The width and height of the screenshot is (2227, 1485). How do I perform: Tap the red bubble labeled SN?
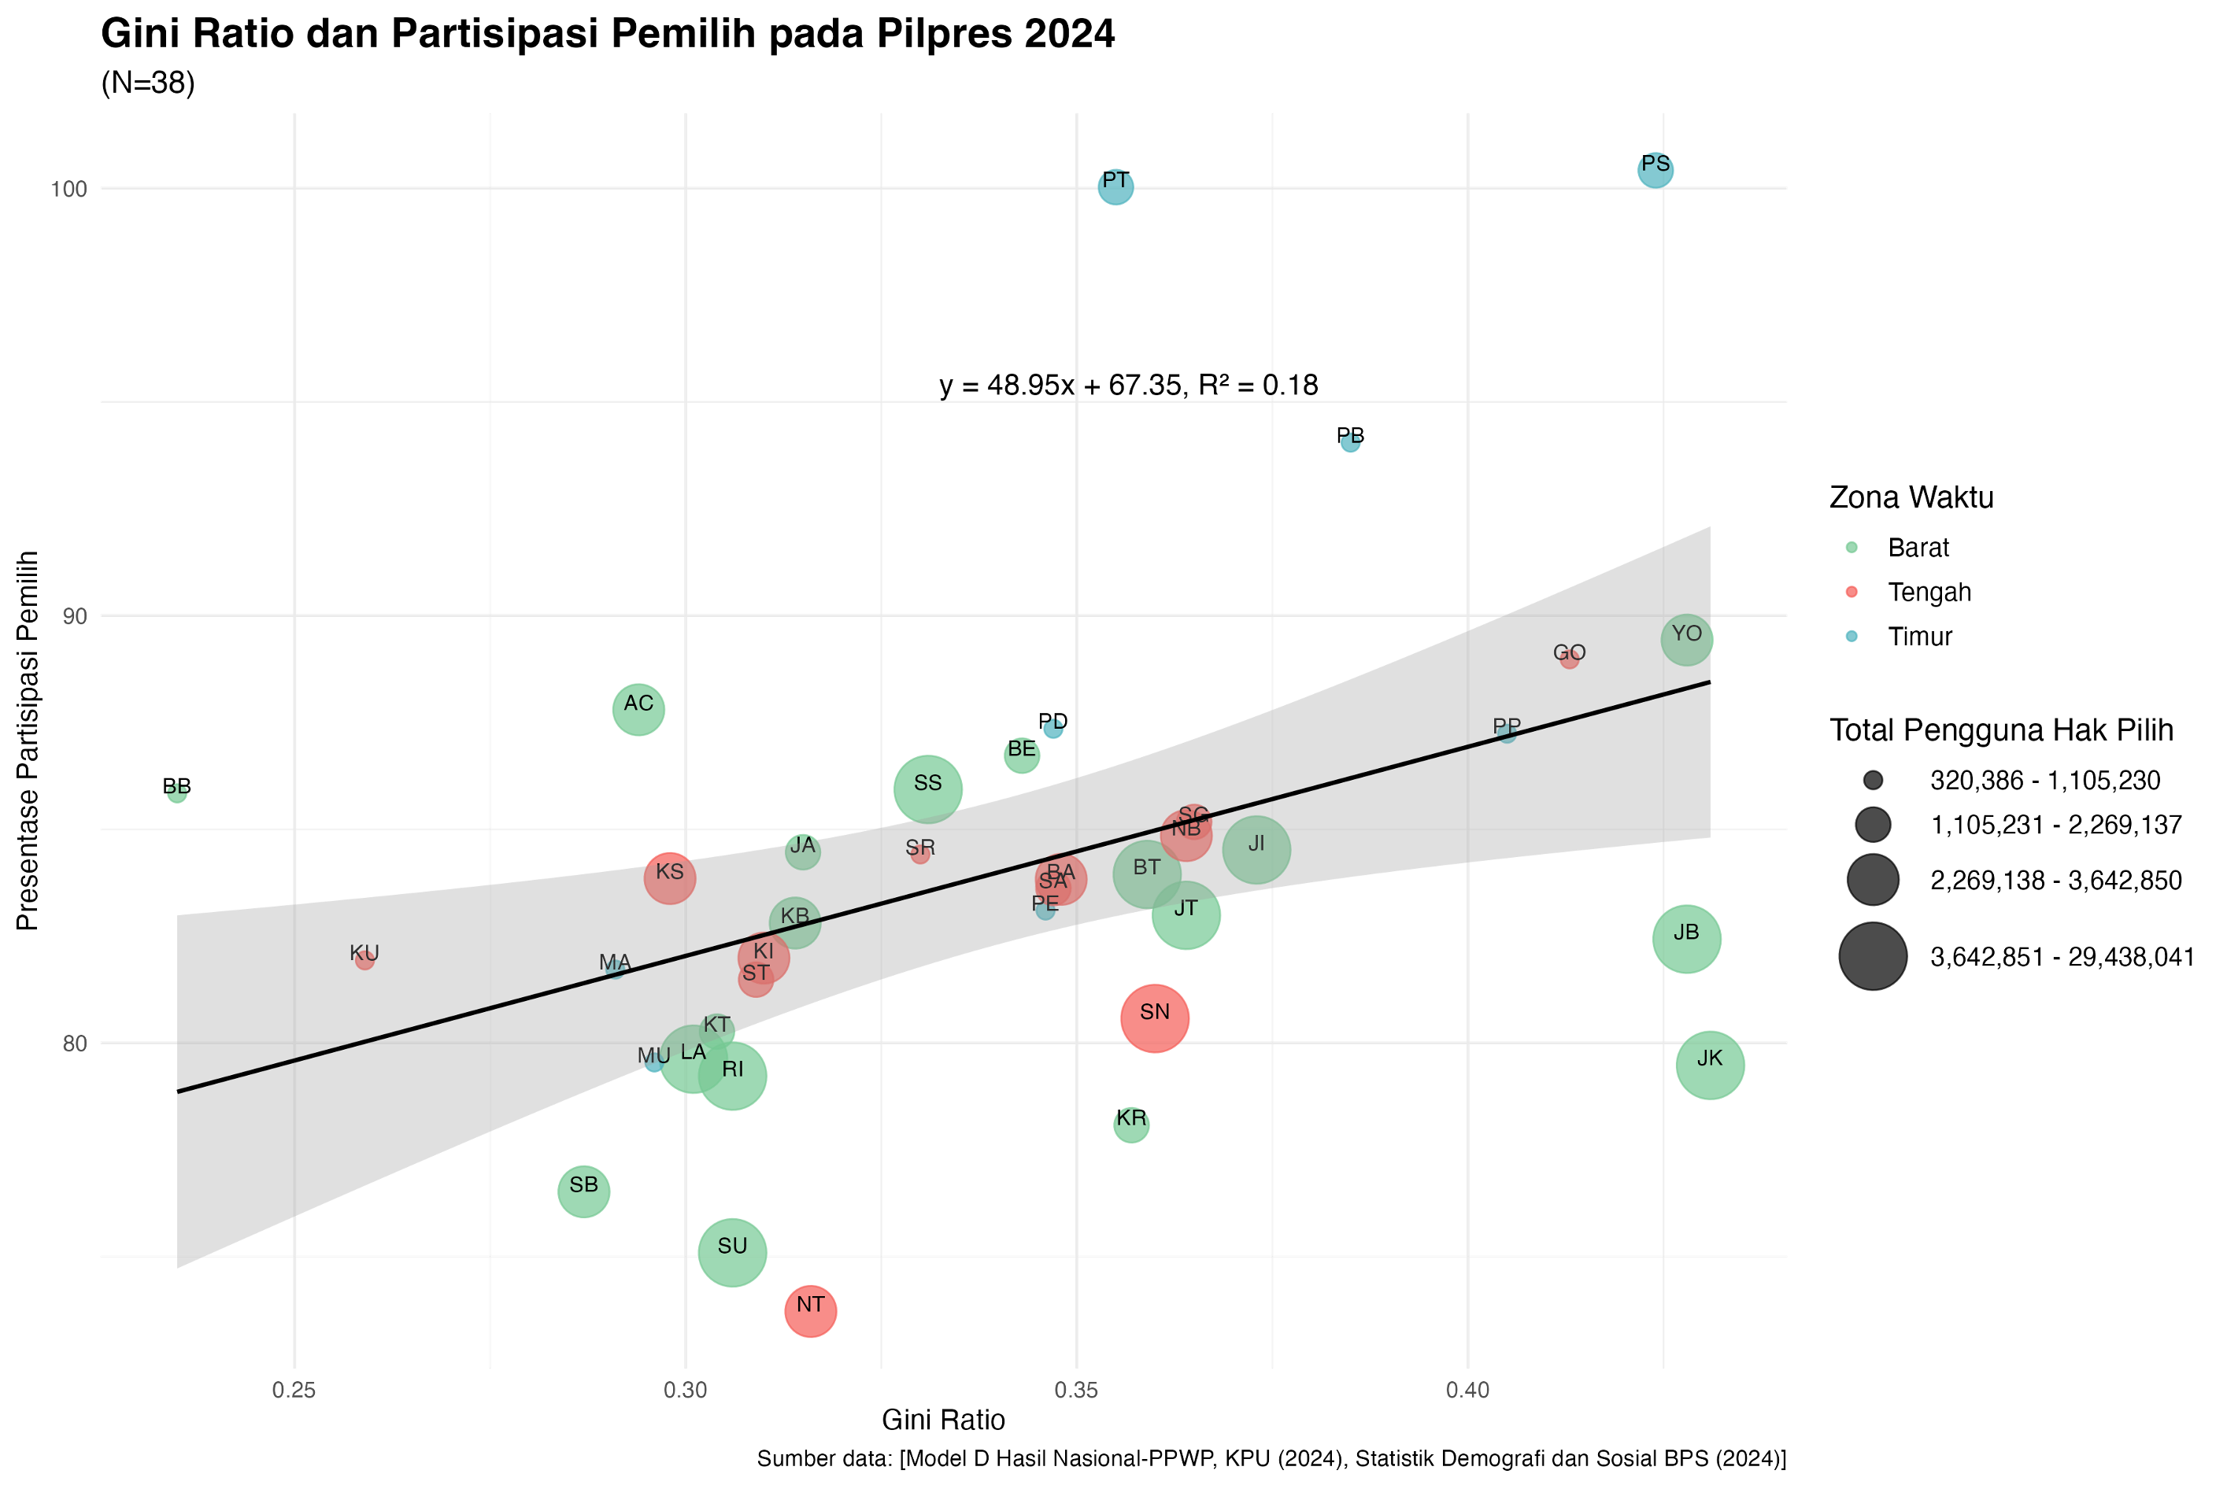click(x=1154, y=1018)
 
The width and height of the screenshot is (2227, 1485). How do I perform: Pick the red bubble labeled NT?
click(x=810, y=1311)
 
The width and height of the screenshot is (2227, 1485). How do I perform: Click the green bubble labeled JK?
click(x=1709, y=1065)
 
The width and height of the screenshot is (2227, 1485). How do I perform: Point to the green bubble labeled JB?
click(x=1686, y=939)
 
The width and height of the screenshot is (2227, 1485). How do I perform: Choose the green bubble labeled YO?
click(x=1686, y=639)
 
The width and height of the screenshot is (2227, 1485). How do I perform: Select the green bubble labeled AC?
click(x=638, y=708)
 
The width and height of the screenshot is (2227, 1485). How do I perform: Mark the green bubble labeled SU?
click(x=731, y=1252)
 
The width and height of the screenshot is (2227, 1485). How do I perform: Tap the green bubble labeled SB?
click(x=583, y=1191)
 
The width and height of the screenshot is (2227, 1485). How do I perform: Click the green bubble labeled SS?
click(x=927, y=789)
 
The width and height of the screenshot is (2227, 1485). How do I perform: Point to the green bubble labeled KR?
click(x=1131, y=1124)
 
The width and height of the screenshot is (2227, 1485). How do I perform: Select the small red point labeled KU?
click(x=364, y=959)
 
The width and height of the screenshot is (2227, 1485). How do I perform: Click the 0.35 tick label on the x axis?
click(x=1076, y=1391)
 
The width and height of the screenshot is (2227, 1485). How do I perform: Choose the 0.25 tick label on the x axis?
click(x=294, y=1391)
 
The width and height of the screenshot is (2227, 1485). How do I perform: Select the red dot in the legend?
click(x=1851, y=592)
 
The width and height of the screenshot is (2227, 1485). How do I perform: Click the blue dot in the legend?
click(x=1851, y=637)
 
